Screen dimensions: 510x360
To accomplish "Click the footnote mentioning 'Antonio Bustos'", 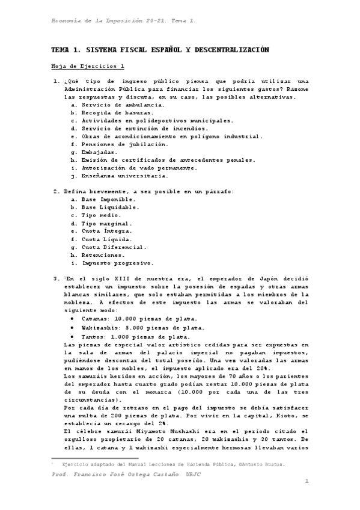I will coord(171,464).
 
